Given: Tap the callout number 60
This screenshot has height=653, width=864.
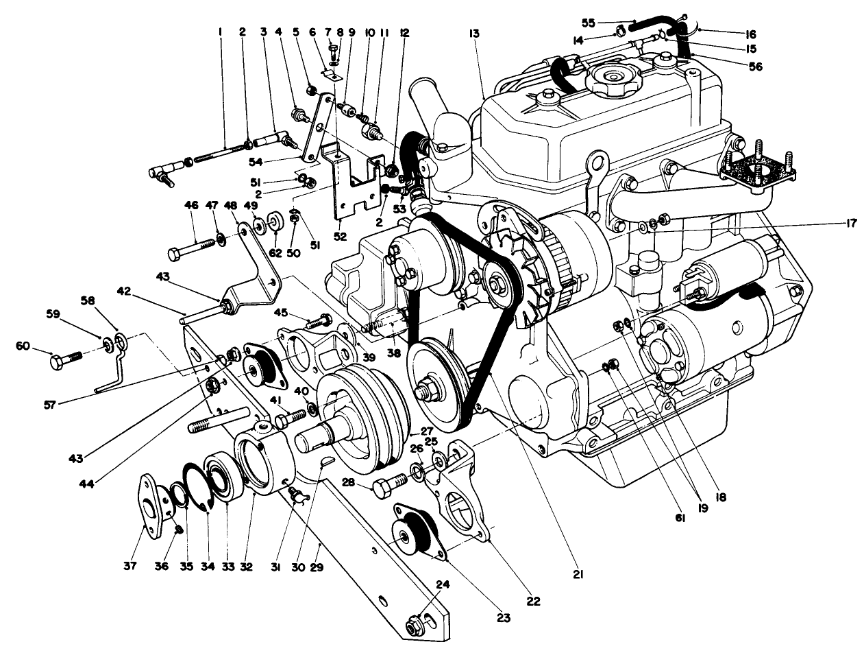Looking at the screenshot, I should point(23,345).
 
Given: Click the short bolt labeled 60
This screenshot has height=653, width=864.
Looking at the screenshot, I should point(66,359).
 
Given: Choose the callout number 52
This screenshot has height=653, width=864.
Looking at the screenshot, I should point(339,237).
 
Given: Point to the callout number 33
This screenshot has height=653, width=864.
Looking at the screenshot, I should point(227,567).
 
